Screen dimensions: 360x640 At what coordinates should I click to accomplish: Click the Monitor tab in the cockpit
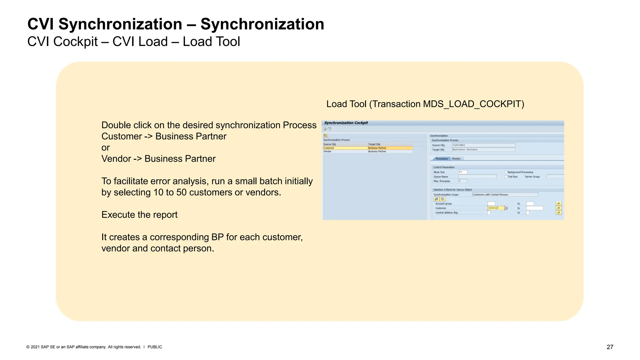point(456,159)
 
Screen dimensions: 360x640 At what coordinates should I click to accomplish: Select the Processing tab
point(442,159)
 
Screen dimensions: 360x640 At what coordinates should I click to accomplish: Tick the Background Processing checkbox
point(506,172)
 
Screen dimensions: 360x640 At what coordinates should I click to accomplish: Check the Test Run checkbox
point(506,177)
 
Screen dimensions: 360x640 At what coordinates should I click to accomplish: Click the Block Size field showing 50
point(462,172)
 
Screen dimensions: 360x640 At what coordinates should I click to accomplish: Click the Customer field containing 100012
point(495,208)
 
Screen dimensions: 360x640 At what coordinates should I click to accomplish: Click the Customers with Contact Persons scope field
point(505,195)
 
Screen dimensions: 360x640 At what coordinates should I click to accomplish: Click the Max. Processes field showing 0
point(462,181)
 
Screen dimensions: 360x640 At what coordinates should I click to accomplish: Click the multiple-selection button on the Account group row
point(559,204)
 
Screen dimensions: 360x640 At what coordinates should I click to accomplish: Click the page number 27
point(610,347)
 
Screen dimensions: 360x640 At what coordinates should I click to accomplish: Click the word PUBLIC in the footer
point(155,347)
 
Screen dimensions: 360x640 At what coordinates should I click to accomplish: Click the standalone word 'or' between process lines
point(106,147)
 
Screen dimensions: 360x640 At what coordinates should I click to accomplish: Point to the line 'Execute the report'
point(139,215)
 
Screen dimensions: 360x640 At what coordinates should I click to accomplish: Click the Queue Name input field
point(477,177)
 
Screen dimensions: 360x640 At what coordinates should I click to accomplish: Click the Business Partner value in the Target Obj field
point(483,150)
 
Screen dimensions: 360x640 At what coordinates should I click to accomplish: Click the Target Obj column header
point(374,144)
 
